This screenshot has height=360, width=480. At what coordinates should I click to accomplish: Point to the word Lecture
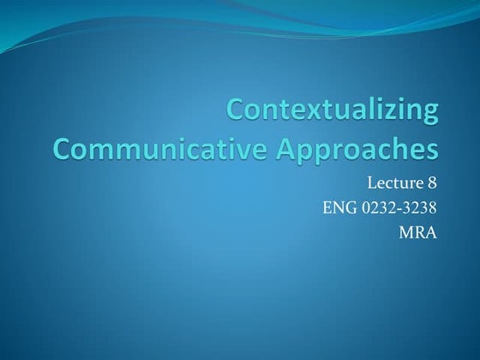393,182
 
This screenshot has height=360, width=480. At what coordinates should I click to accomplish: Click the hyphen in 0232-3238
399,207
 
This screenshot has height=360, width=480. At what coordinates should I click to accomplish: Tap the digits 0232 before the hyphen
376,207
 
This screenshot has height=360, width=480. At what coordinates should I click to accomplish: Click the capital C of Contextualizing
236,111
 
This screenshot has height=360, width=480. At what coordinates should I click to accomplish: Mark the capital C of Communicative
62,148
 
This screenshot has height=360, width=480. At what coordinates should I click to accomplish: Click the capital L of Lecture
371,182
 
